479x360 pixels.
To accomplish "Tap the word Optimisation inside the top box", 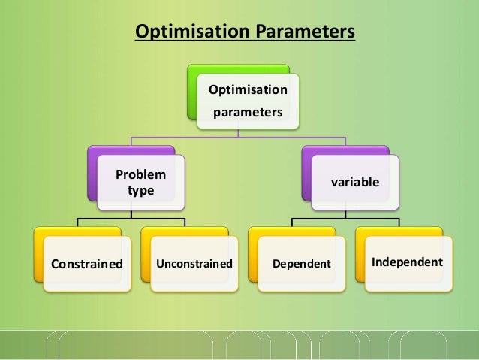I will [x=248, y=90].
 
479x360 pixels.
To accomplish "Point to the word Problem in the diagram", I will [x=140, y=175].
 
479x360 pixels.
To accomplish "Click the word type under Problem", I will [x=140, y=191].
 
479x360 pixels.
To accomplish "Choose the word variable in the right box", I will [x=355, y=183].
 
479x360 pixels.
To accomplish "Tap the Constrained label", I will [x=86, y=264].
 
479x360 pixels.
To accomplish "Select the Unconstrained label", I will [x=194, y=264].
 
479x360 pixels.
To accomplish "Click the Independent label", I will [x=407, y=262].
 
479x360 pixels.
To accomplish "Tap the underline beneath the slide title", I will [x=244, y=41].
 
